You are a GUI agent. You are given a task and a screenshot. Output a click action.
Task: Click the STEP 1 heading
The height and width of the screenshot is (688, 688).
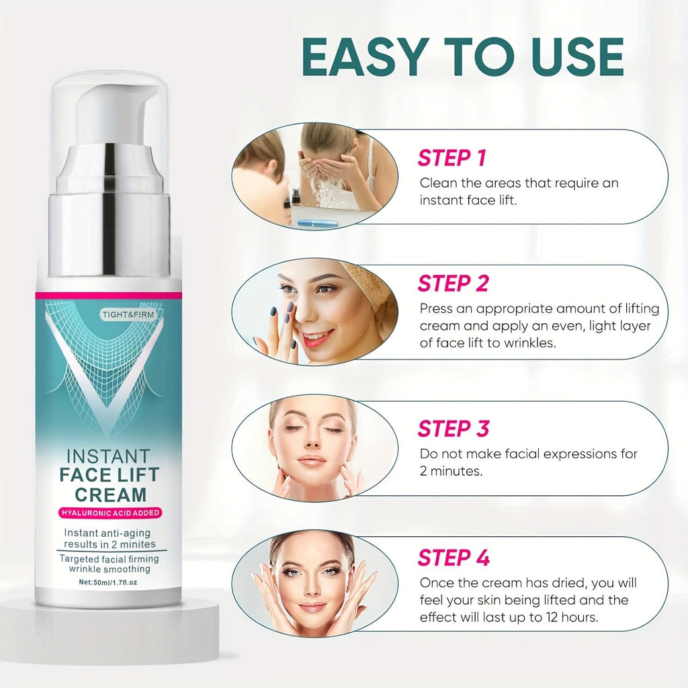pyautogui.click(x=451, y=158)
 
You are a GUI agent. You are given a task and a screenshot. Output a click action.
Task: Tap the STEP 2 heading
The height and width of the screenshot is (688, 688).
pyautogui.click(x=453, y=284)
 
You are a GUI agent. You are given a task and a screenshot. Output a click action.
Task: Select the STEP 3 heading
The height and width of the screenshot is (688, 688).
pyautogui.click(x=454, y=428)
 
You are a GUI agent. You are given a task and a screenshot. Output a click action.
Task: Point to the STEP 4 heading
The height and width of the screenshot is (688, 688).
pyautogui.click(x=454, y=558)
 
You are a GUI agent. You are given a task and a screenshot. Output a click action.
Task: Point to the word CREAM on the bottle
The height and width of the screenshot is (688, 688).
pyautogui.click(x=110, y=494)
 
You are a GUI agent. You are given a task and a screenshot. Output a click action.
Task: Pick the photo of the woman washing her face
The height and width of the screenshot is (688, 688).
pyautogui.click(x=315, y=175)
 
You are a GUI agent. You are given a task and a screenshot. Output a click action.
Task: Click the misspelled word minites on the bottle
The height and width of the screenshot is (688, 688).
pyautogui.click(x=138, y=544)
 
